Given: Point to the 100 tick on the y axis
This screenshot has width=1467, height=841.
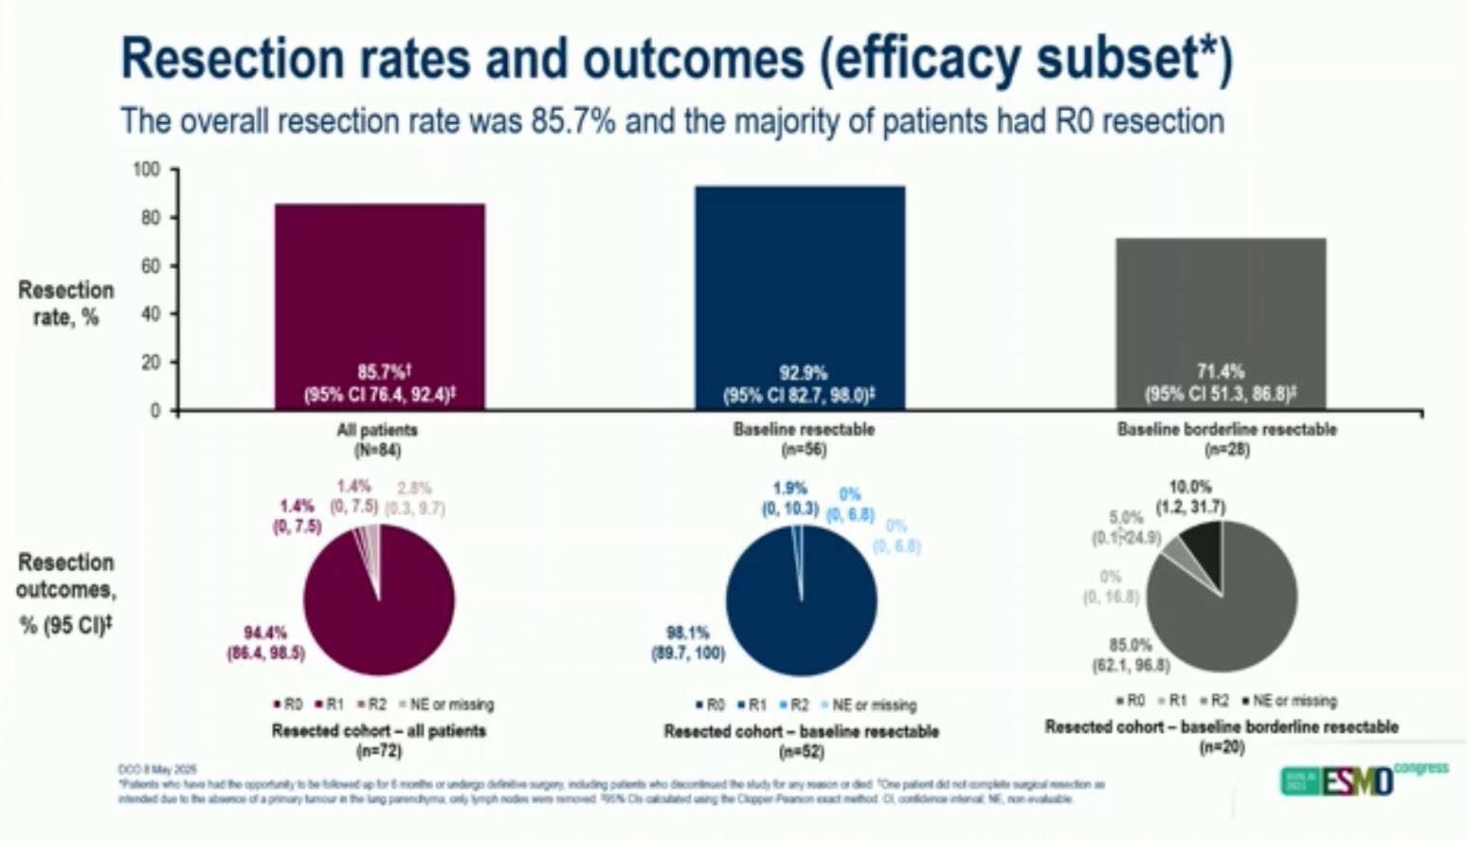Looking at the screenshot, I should click(x=148, y=170).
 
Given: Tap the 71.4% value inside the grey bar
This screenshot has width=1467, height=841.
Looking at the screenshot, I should click(x=1221, y=371).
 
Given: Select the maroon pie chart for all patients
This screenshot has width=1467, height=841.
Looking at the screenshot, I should click(x=379, y=600).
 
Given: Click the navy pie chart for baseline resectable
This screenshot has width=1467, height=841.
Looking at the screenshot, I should click(x=802, y=600).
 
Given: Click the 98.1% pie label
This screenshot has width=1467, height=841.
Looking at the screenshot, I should click(x=687, y=633).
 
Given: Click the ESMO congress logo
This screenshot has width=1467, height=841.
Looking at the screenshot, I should click(x=1365, y=778).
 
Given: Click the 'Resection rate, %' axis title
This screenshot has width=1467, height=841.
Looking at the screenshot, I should click(x=65, y=303).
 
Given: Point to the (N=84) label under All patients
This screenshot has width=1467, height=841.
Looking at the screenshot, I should click(x=377, y=450).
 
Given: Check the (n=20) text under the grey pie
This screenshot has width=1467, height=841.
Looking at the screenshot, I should click(x=1222, y=747).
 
